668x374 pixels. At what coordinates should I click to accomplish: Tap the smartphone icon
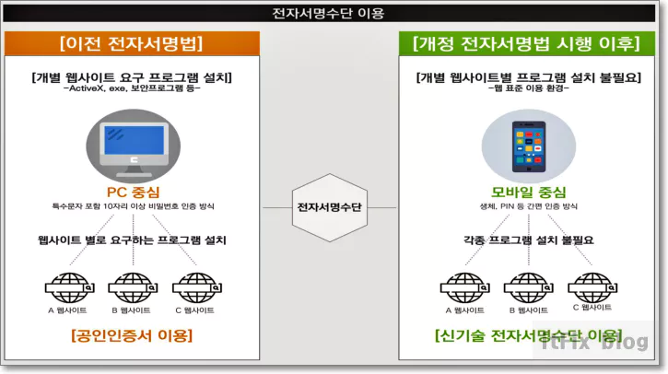[x=526, y=147]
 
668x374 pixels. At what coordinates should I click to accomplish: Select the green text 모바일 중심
[x=526, y=192]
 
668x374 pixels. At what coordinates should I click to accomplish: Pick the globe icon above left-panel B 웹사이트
[x=133, y=284]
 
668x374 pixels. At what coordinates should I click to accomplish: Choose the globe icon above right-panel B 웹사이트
[x=527, y=284]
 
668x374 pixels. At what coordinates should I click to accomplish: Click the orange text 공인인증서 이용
[x=131, y=335]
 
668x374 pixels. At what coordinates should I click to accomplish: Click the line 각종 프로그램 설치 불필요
[x=527, y=240]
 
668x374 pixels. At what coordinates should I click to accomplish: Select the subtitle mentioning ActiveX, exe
[x=131, y=89]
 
